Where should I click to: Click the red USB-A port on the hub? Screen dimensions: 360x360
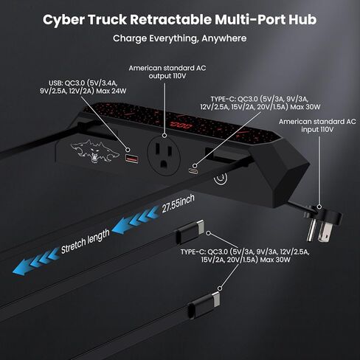(x=134, y=159)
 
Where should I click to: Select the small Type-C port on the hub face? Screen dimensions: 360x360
(x=193, y=169)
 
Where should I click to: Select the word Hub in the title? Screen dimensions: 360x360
(x=302, y=20)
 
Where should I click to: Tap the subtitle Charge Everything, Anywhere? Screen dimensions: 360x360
(x=180, y=38)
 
